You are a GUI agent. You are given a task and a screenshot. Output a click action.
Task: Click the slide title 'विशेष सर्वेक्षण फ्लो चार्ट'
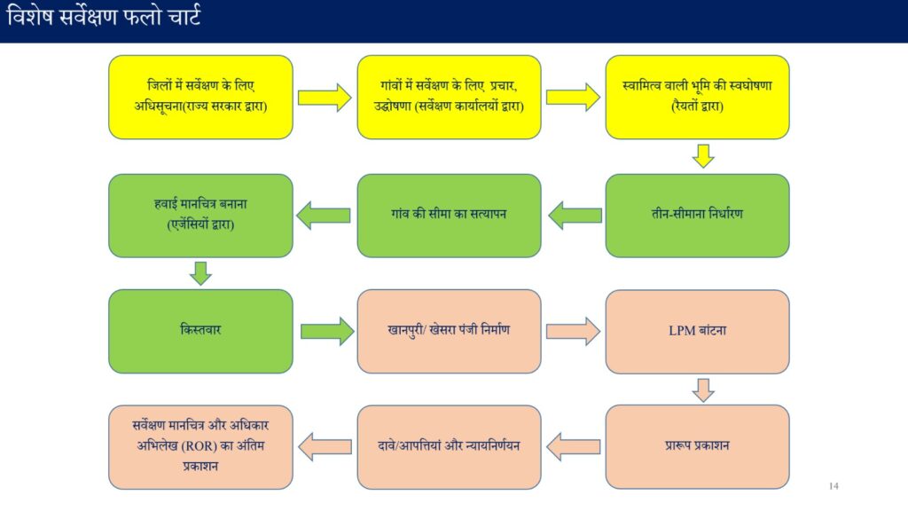(x=104, y=17)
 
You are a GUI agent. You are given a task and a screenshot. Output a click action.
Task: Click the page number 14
(x=834, y=486)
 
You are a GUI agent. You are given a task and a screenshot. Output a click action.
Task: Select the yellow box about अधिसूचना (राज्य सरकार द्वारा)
(x=201, y=98)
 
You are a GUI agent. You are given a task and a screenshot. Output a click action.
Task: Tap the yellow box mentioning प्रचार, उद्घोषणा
(x=449, y=98)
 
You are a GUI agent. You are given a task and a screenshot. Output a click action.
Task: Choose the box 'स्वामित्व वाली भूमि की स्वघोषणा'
(x=697, y=98)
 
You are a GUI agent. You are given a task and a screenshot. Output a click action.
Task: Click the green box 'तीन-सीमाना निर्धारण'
(x=697, y=216)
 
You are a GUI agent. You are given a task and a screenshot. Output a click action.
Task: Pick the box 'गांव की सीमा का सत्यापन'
(x=449, y=216)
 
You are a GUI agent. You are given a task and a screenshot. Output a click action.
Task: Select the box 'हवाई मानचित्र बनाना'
(x=201, y=216)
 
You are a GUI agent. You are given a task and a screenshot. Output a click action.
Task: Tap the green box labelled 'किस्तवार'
(x=201, y=332)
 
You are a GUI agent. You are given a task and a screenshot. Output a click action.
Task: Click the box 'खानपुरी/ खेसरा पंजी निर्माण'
(x=449, y=332)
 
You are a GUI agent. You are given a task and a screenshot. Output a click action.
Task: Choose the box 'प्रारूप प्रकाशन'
(x=697, y=447)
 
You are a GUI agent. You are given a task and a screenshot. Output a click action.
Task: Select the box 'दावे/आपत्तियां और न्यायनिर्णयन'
(x=449, y=447)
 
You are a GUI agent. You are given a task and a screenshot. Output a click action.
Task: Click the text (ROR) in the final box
(x=200, y=446)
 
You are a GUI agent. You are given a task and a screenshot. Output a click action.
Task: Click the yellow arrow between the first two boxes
(x=325, y=98)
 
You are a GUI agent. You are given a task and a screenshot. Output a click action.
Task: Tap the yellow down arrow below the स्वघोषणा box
(x=703, y=156)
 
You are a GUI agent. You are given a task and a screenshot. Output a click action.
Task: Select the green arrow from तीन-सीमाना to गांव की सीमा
(x=575, y=216)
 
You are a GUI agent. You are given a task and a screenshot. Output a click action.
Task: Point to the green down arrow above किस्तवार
(x=200, y=273)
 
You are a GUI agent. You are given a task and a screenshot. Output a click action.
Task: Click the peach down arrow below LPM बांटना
(x=703, y=390)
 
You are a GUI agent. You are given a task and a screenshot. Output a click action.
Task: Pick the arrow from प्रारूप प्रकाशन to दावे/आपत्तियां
(x=574, y=447)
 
